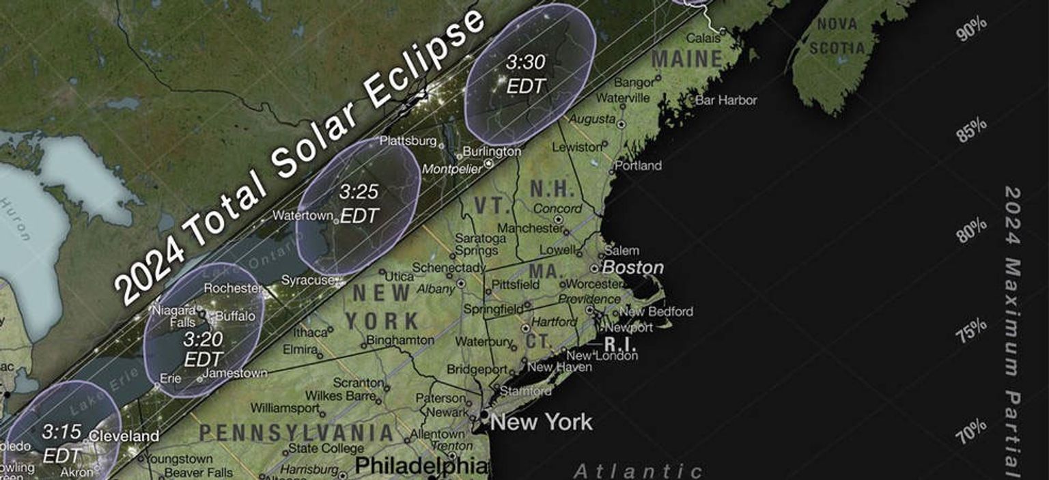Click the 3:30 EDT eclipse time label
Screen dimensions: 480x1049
tap(526, 74)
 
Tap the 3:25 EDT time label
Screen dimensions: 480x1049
tap(359, 203)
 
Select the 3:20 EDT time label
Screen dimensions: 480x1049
tap(204, 348)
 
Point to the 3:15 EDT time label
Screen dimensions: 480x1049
tap(61, 444)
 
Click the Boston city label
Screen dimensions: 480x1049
tap(632, 268)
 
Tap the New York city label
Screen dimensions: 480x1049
tap(541, 422)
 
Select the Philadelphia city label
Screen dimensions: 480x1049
tap(421, 466)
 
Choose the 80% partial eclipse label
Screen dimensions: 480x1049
tap(971, 231)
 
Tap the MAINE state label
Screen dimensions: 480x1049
tap(686, 59)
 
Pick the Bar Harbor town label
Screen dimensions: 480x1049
tap(726, 100)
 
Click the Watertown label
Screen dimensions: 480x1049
tap(301, 215)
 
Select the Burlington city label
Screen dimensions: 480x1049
tap(492, 152)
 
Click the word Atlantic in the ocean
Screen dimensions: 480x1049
tap(638, 471)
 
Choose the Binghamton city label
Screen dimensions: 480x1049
tap(400, 339)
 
